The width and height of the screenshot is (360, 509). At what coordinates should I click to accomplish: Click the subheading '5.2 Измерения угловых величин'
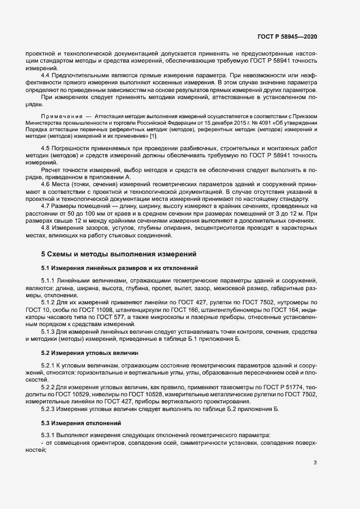[x=90, y=353]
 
